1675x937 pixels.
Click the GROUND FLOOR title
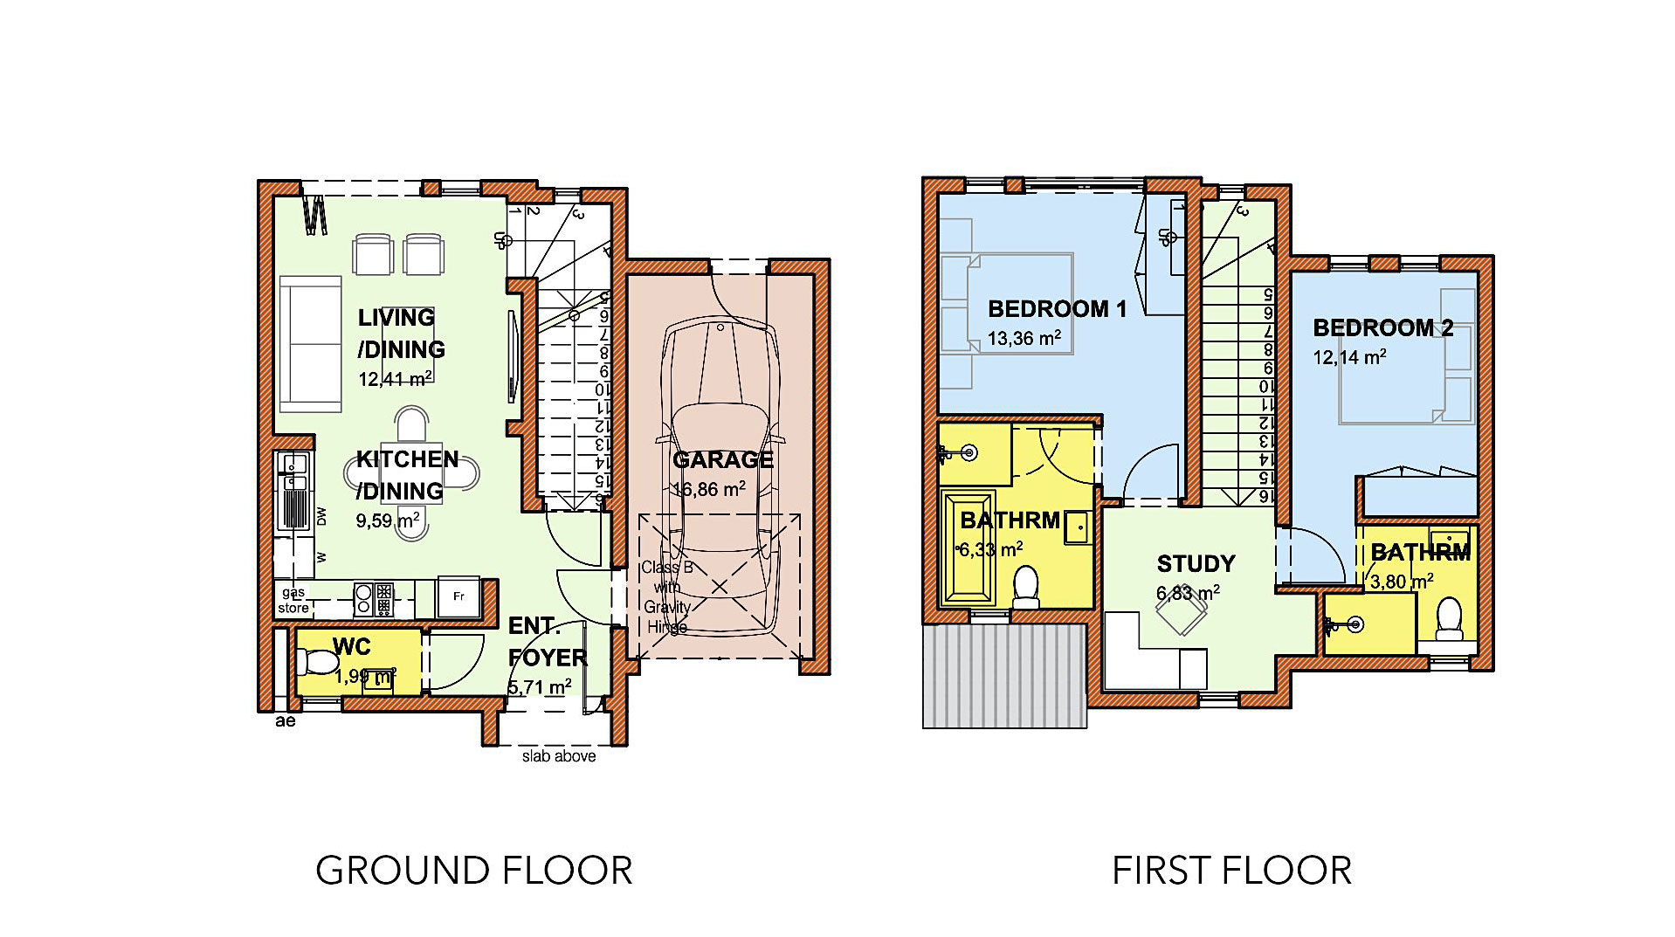(473, 871)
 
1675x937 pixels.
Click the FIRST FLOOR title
(1231, 871)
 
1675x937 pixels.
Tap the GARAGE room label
(723, 459)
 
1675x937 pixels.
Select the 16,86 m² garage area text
(709, 489)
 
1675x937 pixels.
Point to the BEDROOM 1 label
(1057, 308)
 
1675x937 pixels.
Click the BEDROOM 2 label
(1382, 327)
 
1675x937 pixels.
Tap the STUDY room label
(1196, 563)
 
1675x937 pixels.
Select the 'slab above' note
(559, 756)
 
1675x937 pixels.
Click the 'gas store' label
(293, 600)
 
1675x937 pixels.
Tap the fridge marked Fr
(458, 597)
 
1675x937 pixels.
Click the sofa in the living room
(310, 343)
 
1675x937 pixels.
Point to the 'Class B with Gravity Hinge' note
(667, 596)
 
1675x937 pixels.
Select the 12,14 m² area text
(1349, 357)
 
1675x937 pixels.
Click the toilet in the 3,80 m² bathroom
(1449, 618)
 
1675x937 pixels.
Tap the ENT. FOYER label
(547, 642)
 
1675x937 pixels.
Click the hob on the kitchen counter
(374, 598)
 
